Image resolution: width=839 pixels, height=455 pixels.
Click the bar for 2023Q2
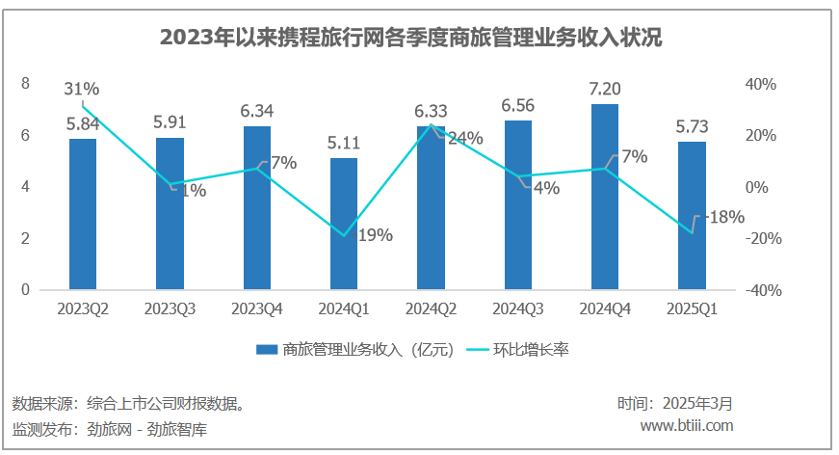point(83,213)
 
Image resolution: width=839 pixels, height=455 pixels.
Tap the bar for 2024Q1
point(344,223)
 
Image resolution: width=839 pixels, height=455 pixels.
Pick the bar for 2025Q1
point(692,215)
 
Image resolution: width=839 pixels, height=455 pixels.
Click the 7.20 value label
point(605,90)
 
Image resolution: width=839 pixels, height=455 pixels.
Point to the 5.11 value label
point(344,144)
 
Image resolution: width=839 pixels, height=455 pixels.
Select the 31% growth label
point(82,89)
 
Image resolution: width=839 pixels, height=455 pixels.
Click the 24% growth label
point(465,139)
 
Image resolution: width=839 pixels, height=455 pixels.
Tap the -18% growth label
point(724,218)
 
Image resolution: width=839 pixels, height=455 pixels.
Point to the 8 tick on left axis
point(26,84)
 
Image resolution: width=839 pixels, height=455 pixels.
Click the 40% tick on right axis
point(762,85)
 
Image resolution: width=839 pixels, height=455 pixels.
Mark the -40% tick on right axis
point(760,290)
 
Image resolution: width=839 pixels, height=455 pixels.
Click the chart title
point(418,38)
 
